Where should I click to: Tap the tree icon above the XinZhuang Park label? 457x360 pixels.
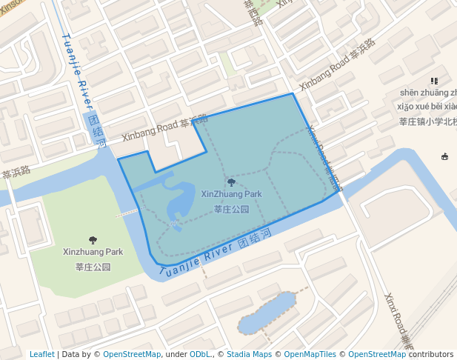point(231,182)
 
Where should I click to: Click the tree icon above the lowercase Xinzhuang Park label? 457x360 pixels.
point(93,240)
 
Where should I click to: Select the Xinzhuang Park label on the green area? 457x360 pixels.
point(93,252)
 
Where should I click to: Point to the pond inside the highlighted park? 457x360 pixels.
point(181,200)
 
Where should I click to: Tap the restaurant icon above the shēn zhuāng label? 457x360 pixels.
point(434,81)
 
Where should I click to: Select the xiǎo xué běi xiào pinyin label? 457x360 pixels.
point(428,107)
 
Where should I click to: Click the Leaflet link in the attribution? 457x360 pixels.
point(41,354)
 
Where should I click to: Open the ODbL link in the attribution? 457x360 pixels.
point(199,354)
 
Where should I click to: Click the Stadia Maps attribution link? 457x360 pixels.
point(249,354)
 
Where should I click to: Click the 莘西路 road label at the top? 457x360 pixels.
point(253,13)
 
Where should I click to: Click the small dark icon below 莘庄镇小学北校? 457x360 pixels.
point(444,156)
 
